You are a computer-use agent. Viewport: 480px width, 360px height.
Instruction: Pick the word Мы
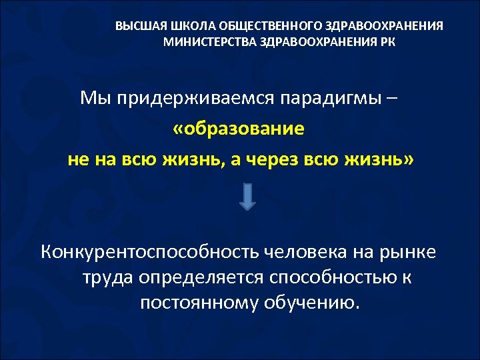coord(93,99)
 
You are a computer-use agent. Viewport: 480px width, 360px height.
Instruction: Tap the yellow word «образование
coord(239,129)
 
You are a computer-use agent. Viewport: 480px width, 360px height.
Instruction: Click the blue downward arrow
coord(247,198)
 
